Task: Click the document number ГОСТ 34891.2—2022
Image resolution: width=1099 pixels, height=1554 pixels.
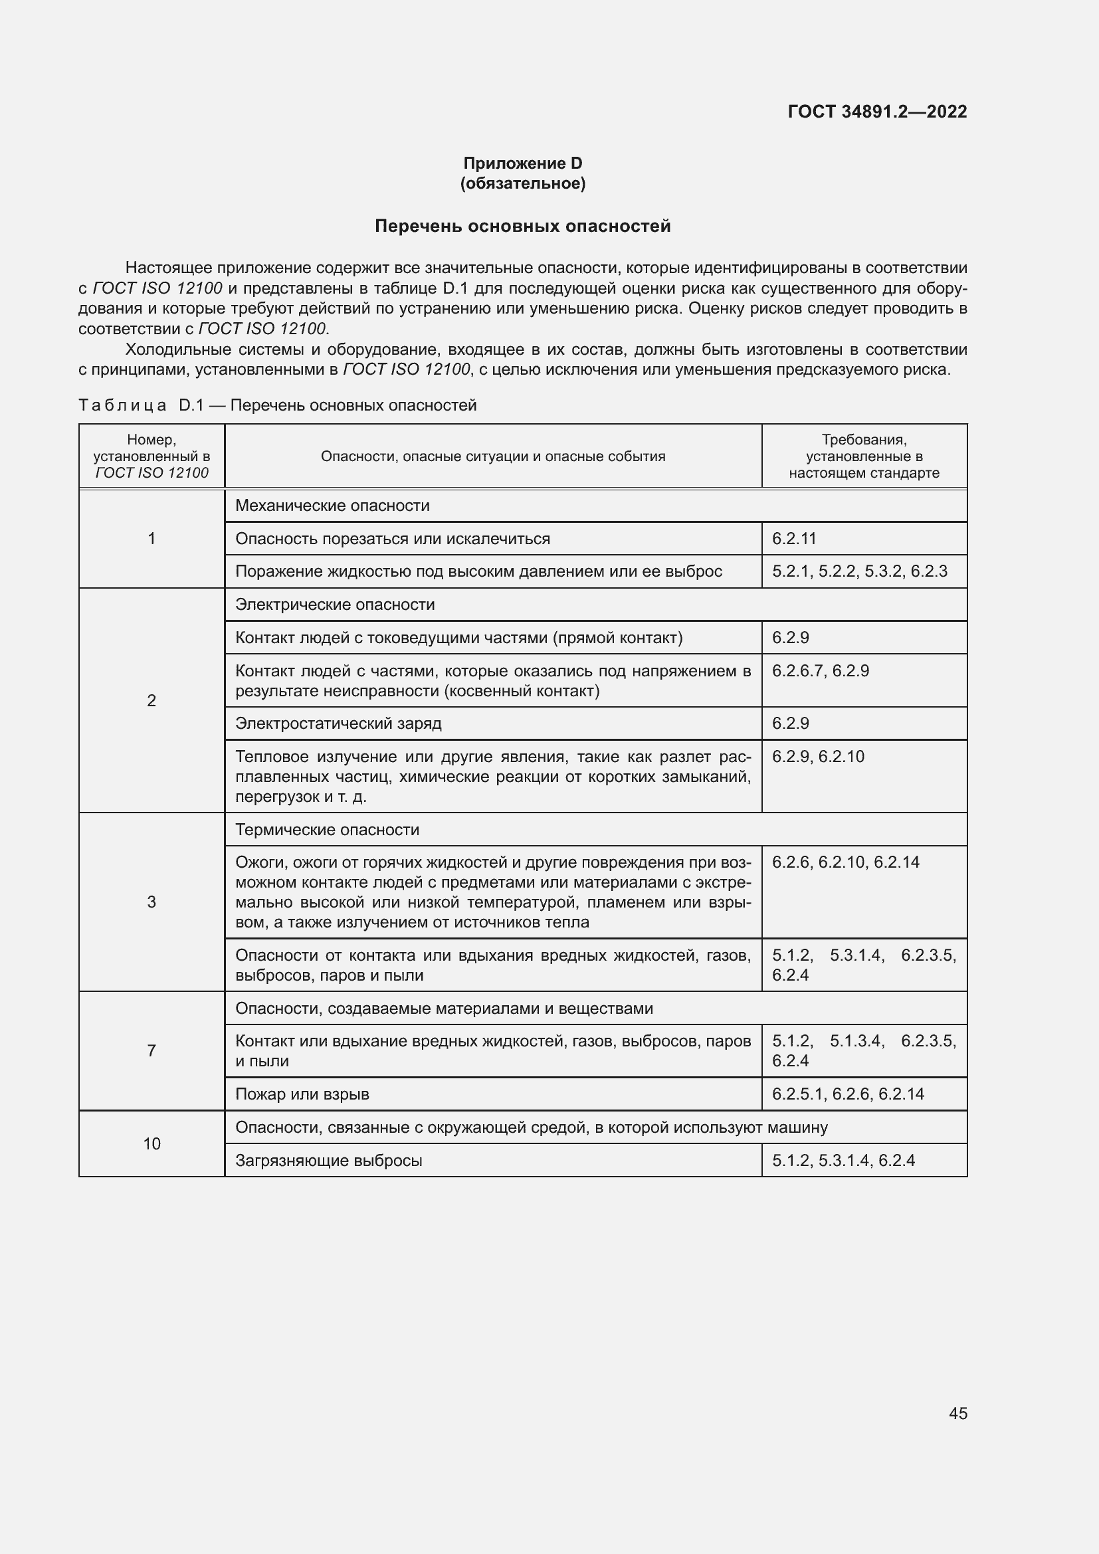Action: click(877, 112)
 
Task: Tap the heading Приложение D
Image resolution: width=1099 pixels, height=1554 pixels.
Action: click(522, 163)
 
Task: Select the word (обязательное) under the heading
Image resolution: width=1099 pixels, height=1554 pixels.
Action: click(522, 183)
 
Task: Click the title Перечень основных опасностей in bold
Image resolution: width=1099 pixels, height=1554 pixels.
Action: click(522, 226)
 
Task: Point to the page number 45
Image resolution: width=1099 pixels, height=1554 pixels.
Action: click(957, 1413)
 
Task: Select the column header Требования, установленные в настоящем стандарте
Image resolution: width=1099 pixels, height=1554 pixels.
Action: click(864, 456)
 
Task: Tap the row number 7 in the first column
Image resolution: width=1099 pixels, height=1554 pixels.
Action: click(151, 1050)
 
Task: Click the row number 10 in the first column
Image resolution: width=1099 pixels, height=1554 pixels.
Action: click(151, 1144)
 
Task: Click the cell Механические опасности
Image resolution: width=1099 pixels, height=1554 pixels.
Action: click(332, 506)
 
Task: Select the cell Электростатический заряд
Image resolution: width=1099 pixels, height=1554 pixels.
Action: click(338, 724)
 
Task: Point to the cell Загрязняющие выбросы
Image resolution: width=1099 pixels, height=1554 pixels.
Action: click(329, 1161)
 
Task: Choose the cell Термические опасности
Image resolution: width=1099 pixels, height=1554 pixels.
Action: click(327, 830)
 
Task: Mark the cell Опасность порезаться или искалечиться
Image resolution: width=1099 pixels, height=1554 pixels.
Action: click(393, 539)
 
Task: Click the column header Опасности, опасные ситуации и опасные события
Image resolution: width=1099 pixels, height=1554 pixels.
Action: click(492, 456)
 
